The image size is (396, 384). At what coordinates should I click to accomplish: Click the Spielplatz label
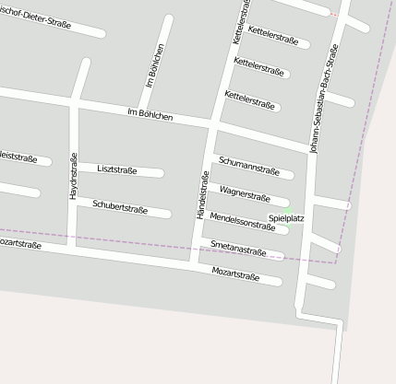286,218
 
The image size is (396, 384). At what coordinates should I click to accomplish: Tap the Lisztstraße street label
117,169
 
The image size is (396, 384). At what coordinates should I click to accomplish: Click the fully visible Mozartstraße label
234,273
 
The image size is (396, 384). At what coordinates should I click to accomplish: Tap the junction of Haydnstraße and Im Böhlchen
76,100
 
